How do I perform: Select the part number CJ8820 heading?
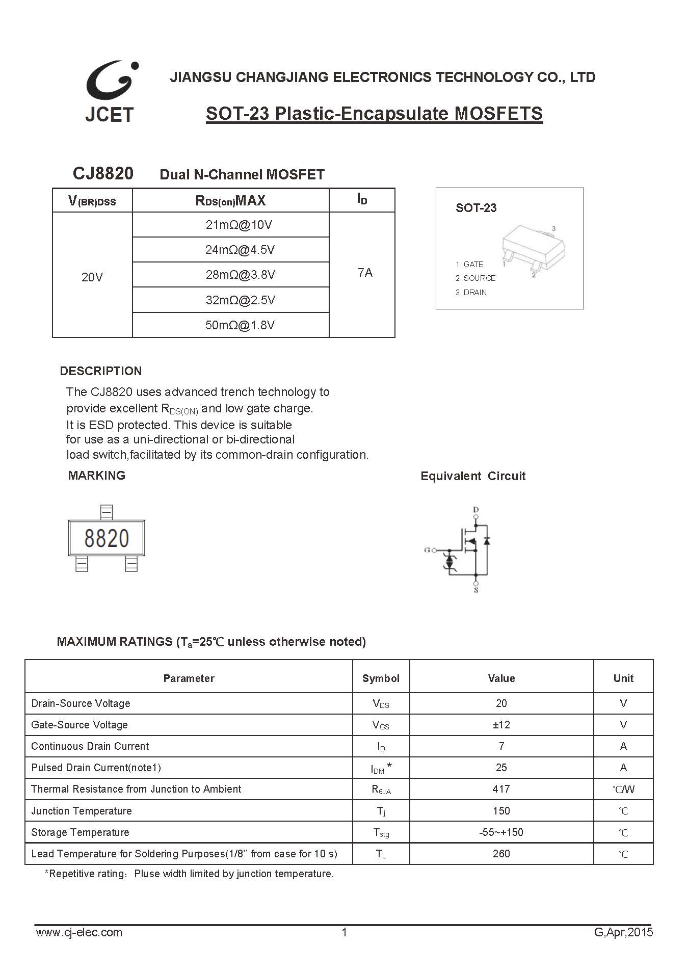click(x=103, y=174)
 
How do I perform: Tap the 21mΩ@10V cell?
click(x=239, y=225)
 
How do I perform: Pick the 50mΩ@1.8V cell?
click(x=240, y=325)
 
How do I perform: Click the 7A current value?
click(x=365, y=273)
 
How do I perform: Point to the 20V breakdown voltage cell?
click(x=92, y=277)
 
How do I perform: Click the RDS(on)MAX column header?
click(x=230, y=200)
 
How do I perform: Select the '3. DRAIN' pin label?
click(x=471, y=292)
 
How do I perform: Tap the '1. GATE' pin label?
click(x=469, y=264)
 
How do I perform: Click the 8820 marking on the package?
click(x=107, y=538)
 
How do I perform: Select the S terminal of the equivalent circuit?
click(x=476, y=590)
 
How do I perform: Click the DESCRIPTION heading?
click(x=101, y=371)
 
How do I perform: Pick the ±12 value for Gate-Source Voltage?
click(x=501, y=725)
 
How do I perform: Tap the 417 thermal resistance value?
click(x=501, y=789)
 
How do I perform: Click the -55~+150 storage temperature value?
click(x=501, y=832)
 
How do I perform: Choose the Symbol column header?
click(x=381, y=678)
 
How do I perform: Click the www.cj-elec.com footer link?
click(x=79, y=932)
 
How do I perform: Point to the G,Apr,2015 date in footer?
click(x=623, y=932)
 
